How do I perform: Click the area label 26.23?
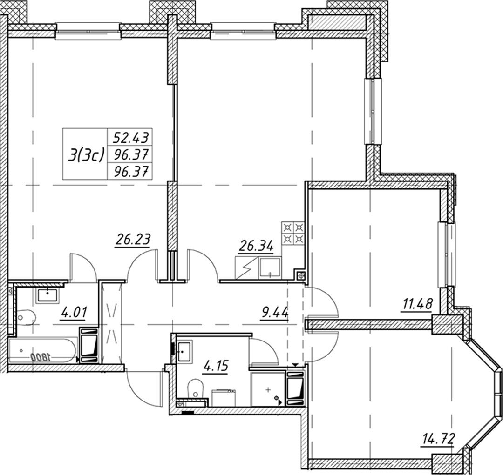click(132, 239)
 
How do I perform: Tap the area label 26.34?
click(256, 246)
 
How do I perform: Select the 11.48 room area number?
click(417, 303)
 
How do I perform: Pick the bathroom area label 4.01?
click(74, 312)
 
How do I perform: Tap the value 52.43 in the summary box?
click(131, 138)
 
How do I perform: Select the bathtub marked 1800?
click(42, 350)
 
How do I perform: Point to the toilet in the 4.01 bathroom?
click(25, 317)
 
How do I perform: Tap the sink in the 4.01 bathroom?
click(48, 295)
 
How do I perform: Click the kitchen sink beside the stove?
click(270, 268)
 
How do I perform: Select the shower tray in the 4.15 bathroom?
click(267, 389)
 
